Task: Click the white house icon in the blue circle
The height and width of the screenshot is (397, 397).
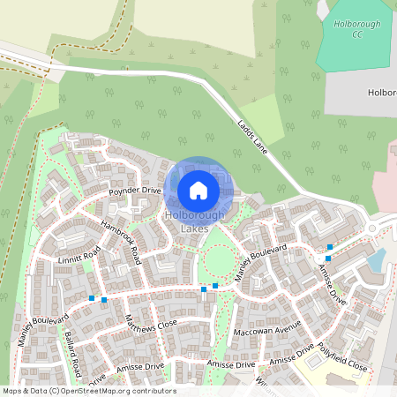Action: (198, 190)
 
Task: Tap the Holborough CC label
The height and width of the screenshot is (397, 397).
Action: (356, 27)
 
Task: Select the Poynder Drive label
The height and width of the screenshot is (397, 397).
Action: (135, 191)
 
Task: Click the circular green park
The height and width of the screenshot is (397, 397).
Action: (218, 260)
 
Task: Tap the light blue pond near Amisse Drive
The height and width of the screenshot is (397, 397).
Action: (377, 259)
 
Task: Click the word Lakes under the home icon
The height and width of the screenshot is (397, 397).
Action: (194, 228)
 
